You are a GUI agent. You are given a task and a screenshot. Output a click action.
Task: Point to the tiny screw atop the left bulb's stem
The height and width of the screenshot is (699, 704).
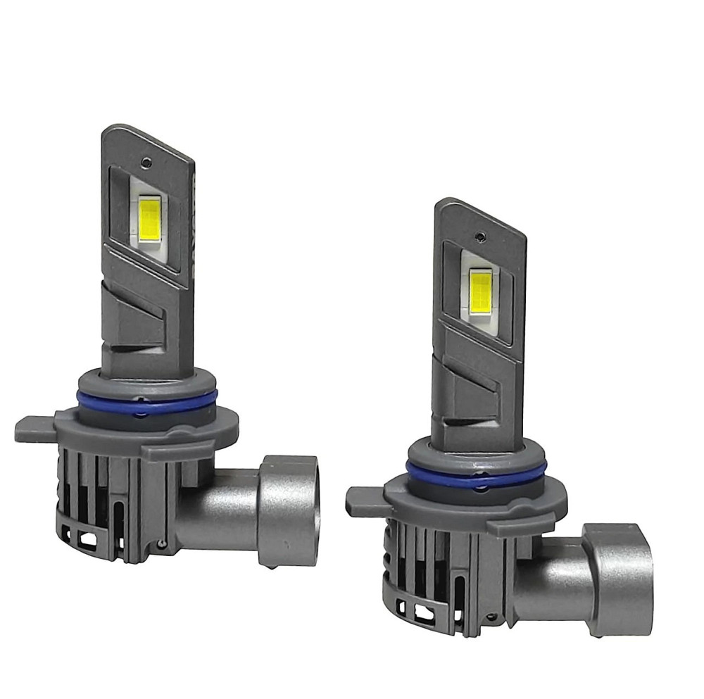coord(146,162)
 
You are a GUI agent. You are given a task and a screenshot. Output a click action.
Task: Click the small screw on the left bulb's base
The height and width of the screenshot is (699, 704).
coord(163,543)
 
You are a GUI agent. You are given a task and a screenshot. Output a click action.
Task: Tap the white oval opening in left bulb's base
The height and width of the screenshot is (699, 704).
coord(89,539)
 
